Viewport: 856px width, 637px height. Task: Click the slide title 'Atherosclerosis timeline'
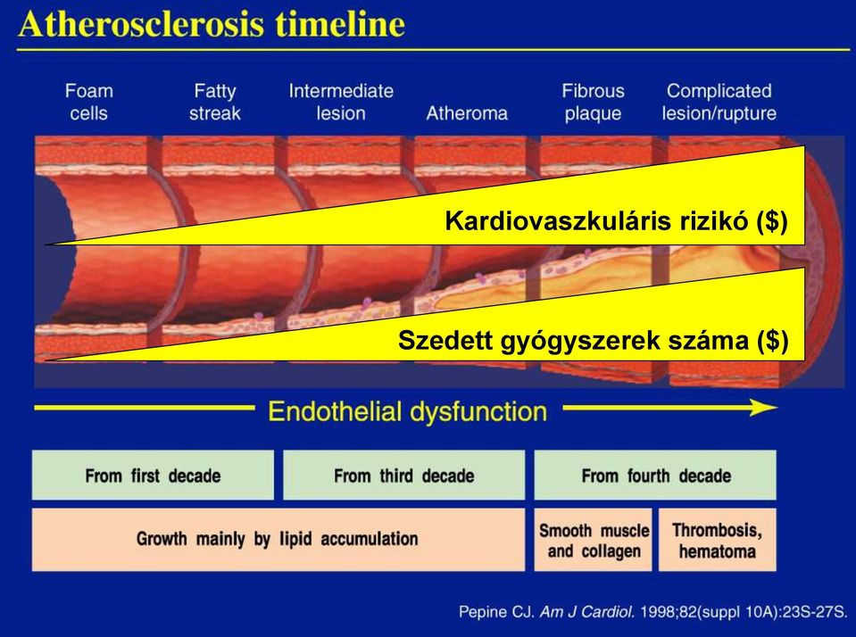click(x=212, y=24)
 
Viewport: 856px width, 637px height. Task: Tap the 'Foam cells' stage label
click(x=89, y=102)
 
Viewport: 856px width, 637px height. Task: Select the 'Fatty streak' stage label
click(x=215, y=102)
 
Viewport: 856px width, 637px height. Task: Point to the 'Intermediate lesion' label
click(x=341, y=102)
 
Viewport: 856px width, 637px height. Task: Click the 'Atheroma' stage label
click(x=467, y=113)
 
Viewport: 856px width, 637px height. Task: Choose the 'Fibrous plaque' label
click(x=594, y=102)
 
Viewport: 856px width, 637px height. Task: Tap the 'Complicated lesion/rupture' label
click(x=719, y=102)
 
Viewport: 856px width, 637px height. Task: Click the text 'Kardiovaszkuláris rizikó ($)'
click(x=617, y=221)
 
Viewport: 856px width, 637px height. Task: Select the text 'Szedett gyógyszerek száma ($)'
click(x=594, y=341)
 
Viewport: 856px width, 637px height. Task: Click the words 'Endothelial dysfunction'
click(x=407, y=411)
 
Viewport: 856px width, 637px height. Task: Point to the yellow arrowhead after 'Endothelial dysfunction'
click(x=763, y=407)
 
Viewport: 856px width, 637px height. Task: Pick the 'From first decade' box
click(x=153, y=475)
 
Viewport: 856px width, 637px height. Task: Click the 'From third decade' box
click(x=404, y=475)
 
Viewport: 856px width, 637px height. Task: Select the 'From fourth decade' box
click(x=655, y=475)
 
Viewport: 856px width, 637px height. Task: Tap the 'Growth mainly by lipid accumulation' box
click(x=278, y=540)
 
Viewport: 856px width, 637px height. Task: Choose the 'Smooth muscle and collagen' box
click(x=594, y=540)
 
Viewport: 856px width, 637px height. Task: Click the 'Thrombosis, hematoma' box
click(x=718, y=540)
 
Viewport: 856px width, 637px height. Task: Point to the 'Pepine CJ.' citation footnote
click(x=652, y=612)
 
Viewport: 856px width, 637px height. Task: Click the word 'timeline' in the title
click(x=340, y=24)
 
